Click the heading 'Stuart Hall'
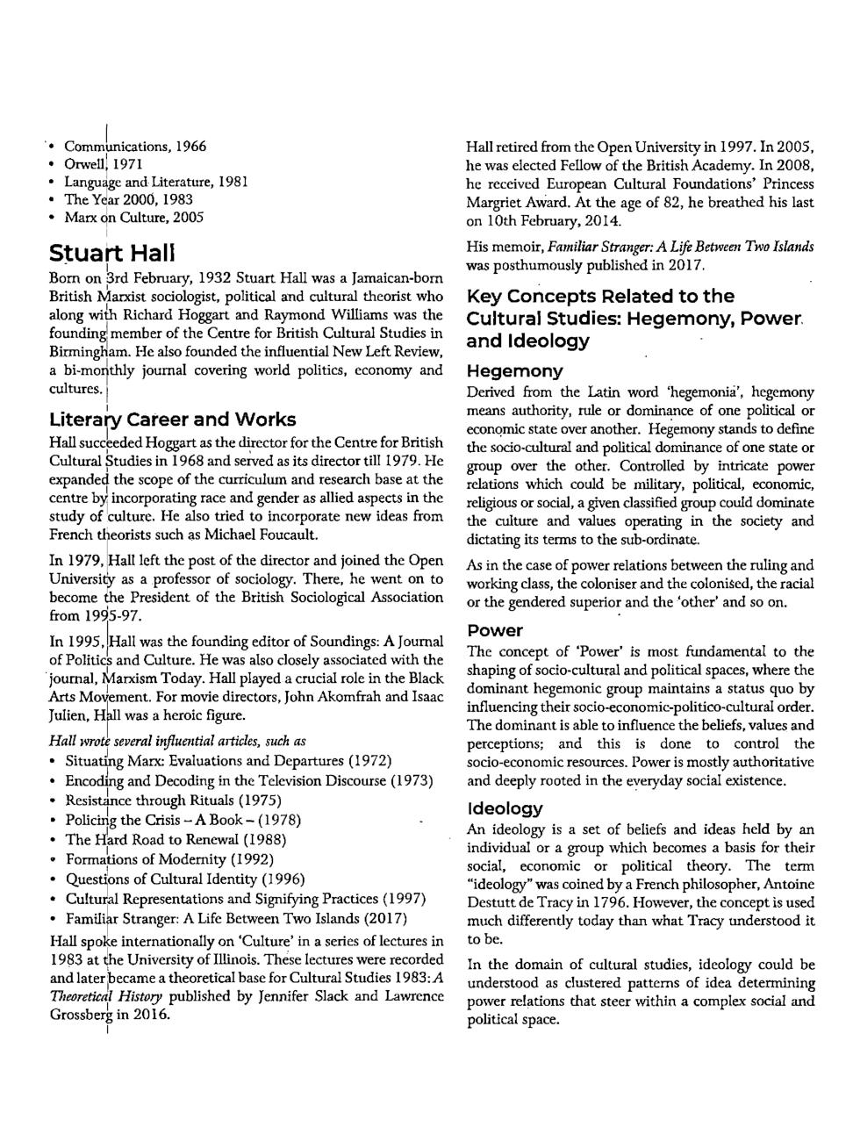pyautogui.click(x=112, y=255)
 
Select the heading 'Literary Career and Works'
pyautogui.click(x=173, y=420)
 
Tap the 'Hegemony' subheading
pyautogui.click(x=515, y=370)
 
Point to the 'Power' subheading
pyautogui.click(x=495, y=630)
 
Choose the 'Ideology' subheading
pyautogui.click(x=505, y=808)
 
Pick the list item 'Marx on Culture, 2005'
pyautogui.click(x=134, y=218)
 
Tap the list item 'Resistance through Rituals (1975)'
pyautogui.click(x=173, y=800)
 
